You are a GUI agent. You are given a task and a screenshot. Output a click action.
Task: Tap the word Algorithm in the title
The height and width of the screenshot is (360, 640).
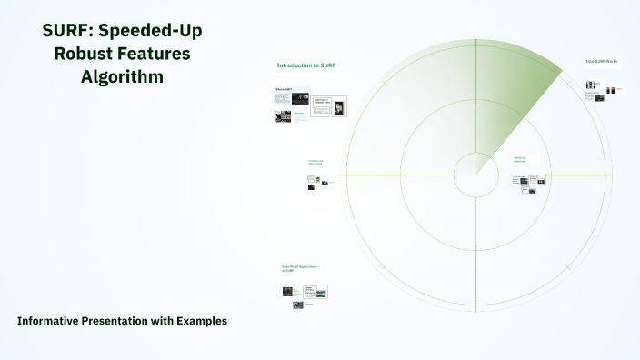[122, 77]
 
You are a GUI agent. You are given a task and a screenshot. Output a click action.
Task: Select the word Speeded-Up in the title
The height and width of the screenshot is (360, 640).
[151, 30]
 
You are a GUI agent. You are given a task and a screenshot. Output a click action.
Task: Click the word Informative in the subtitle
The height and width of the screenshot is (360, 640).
[48, 321]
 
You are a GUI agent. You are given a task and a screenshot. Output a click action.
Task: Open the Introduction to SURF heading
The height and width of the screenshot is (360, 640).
[299, 65]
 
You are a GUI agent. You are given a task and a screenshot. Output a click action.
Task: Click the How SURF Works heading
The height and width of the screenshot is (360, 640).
[601, 62]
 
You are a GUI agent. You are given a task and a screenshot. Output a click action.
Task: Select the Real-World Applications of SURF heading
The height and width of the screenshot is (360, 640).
[299, 268]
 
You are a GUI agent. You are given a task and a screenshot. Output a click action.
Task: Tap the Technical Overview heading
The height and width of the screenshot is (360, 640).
[520, 158]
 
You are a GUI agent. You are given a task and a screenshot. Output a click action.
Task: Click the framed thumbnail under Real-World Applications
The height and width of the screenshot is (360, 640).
[315, 292]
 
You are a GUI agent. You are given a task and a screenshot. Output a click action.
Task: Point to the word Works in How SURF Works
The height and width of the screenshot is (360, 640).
[613, 62]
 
